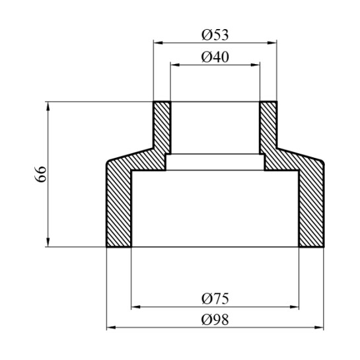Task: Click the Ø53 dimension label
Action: tap(215, 34)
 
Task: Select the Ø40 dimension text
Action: tap(215, 57)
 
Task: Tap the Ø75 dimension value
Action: tap(215, 298)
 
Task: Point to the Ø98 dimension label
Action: tap(215, 318)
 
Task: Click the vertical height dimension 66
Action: tap(40, 174)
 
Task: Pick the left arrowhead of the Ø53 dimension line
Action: tap(157, 42)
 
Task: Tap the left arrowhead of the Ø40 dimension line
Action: tap(174, 65)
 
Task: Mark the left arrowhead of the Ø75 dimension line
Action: tap(135, 306)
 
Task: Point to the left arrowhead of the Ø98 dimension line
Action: tap(110, 327)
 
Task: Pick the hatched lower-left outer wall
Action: tap(119, 205)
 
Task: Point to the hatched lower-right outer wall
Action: tap(311, 205)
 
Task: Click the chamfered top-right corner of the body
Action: tap(320, 159)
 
